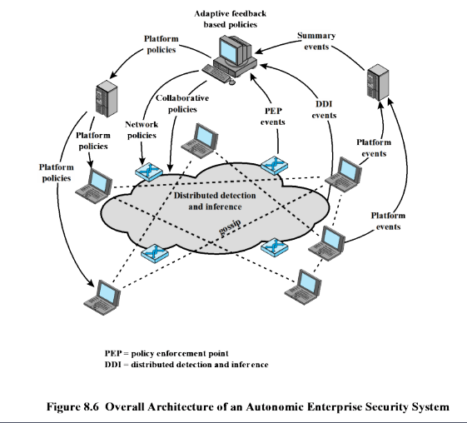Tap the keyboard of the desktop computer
216,73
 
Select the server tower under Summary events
378,84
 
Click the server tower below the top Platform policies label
107,98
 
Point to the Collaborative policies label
182,103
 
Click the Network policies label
142,130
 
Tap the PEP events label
273,117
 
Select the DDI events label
324,110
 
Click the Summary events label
316,41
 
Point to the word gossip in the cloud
230,227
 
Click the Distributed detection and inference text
215,201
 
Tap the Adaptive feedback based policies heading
231,19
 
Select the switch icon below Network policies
149,172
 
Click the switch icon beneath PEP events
275,164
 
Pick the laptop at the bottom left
102,297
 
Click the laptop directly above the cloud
200,141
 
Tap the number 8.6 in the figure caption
89,406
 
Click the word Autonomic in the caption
275,406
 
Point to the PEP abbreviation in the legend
113,354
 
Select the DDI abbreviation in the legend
113,365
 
